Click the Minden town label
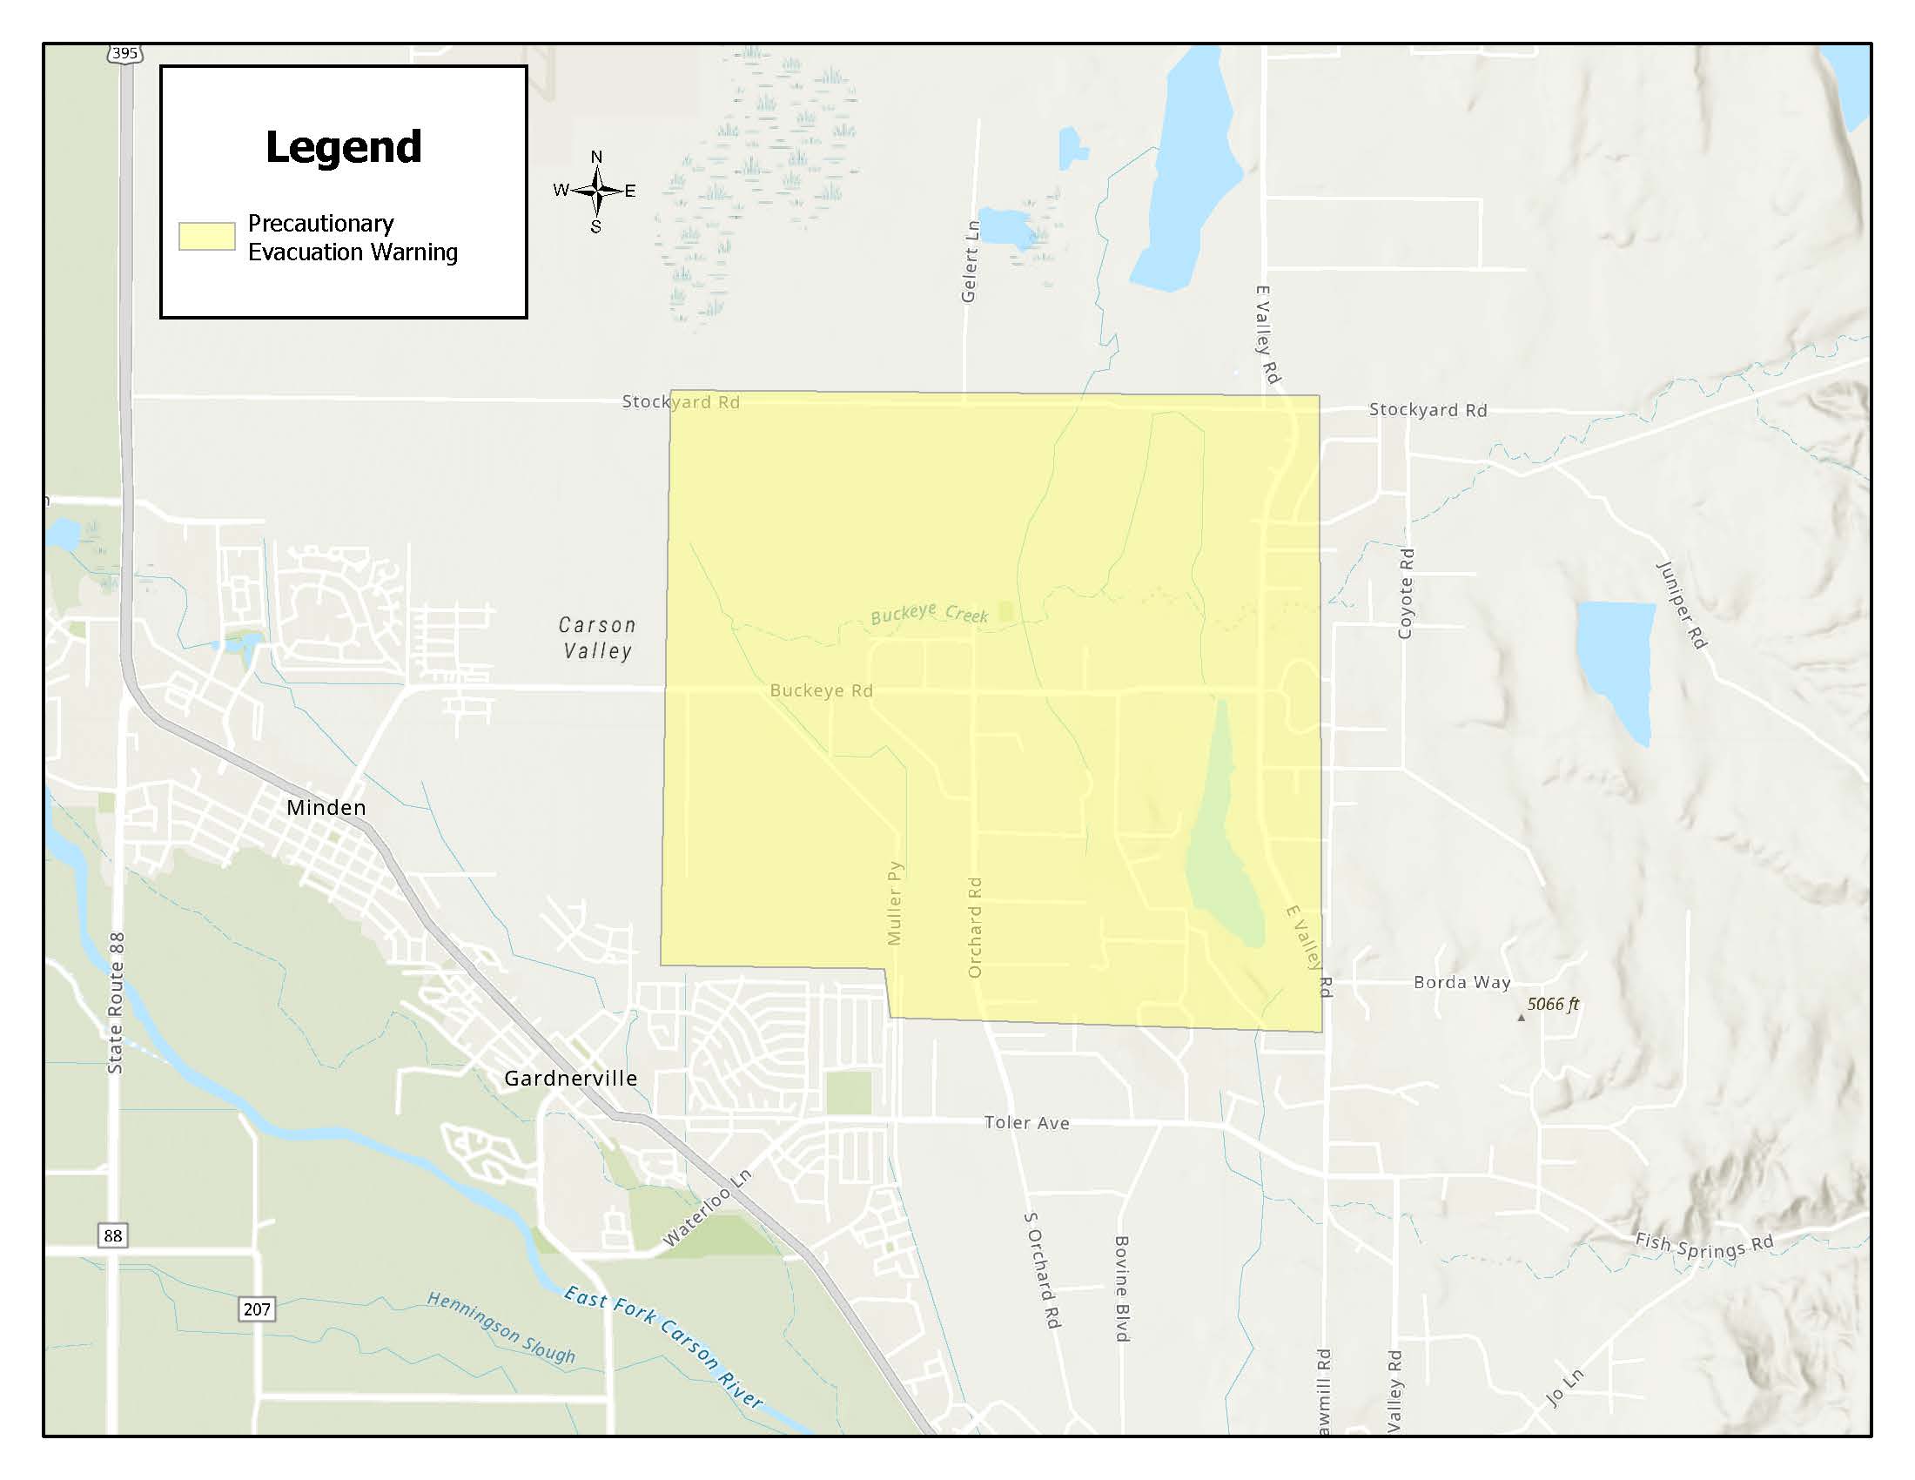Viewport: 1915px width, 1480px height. [x=326, y=808]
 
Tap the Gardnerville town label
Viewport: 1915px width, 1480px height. [x=570, y=1079]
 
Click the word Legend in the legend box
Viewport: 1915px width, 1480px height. [x=344, y=147]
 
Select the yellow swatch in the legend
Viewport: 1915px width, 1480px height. [x=207, y=237]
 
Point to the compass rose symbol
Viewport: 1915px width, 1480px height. [x=596, y=191]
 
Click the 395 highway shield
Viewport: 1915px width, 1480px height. [x=124, y=53]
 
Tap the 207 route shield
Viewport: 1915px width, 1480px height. [x=256, y=1309]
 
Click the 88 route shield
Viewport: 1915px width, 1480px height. [x=112, y=1235]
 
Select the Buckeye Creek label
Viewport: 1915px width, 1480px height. [x=930, y=613]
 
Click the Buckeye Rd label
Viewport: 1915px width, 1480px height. [x=821, y=691]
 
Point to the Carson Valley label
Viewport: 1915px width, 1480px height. [x=597, y=637]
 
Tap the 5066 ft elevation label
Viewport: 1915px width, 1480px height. [x=1553, y=1005]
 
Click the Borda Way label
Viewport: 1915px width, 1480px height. [x=1461, y=983]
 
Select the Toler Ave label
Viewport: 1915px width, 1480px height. [x=1027, y=1123]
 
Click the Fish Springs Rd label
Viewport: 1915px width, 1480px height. [x=1703, y=1246]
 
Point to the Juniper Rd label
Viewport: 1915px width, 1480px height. [x=1681, y=605]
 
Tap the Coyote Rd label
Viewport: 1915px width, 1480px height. [x=1406, y=594]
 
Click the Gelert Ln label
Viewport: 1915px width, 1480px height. [x=970, y=261]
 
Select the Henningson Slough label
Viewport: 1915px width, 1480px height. [x=501, y=1328]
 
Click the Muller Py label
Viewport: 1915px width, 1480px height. [x=894, y=903]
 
